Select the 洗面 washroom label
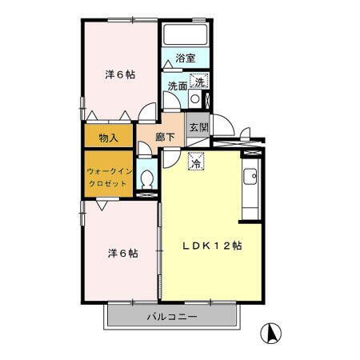pos(177,86)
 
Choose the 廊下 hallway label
pos(165,137)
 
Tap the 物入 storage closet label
pos(109,137)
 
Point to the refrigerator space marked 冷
pos(195,162)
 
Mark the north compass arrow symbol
pos(272,330)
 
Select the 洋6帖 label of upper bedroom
pos(119,74)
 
